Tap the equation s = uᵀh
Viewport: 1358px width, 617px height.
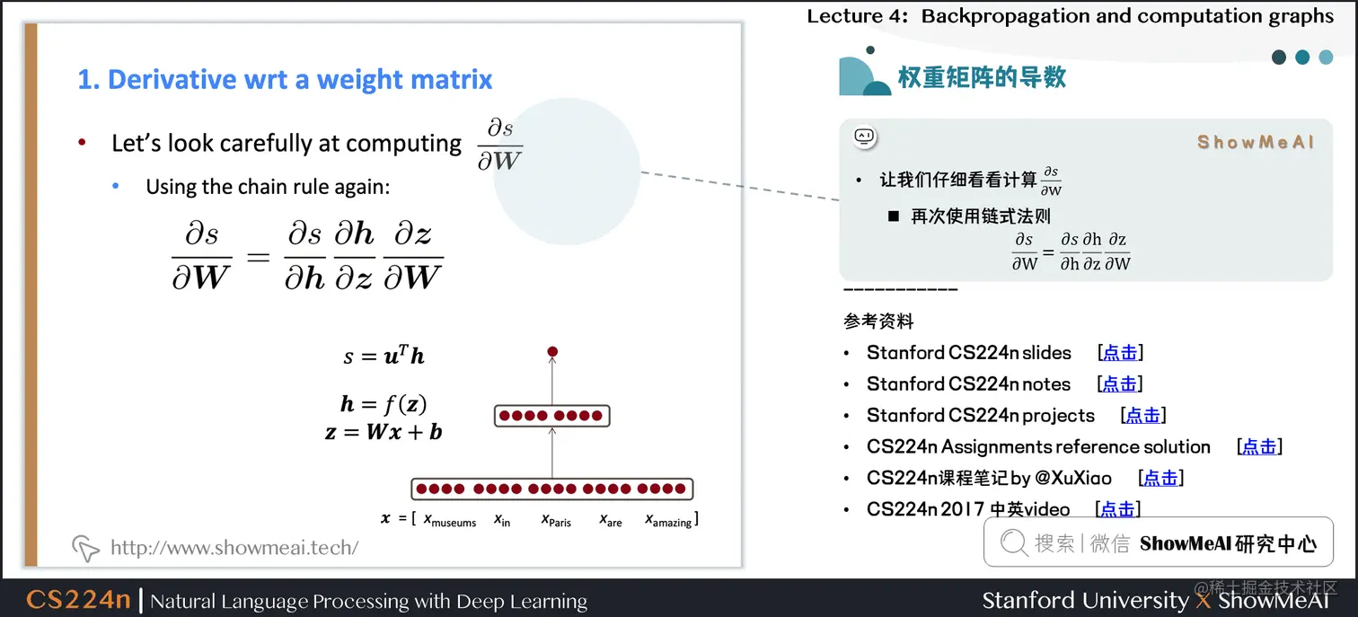(384, 356)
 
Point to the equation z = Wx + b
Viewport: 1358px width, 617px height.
(384, 432)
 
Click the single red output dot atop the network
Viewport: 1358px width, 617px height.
(552, 351)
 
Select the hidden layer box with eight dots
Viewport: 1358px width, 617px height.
(552, 416)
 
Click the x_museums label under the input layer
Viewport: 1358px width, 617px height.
(449, 520)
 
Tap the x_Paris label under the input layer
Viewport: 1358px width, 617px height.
(556, 520)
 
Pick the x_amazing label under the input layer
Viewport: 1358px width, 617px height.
(669, 520)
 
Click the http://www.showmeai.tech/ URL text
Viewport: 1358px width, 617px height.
(234, 548)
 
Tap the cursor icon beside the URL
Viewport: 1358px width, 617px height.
(85, 548)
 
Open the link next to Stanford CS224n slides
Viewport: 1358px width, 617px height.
(1119, 353)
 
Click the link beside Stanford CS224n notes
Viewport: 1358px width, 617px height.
(1119, 384)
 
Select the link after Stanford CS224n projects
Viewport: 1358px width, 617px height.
(1142, 415)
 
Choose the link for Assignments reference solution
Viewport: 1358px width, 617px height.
(1258, 446)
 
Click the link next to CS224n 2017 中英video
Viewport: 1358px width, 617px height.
(1117, 509)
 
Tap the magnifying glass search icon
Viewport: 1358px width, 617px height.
(1013, 542)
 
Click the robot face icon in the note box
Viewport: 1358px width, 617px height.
(864, 137)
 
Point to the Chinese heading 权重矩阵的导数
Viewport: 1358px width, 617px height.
(982, 77)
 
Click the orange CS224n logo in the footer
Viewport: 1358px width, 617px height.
(78, 599)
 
